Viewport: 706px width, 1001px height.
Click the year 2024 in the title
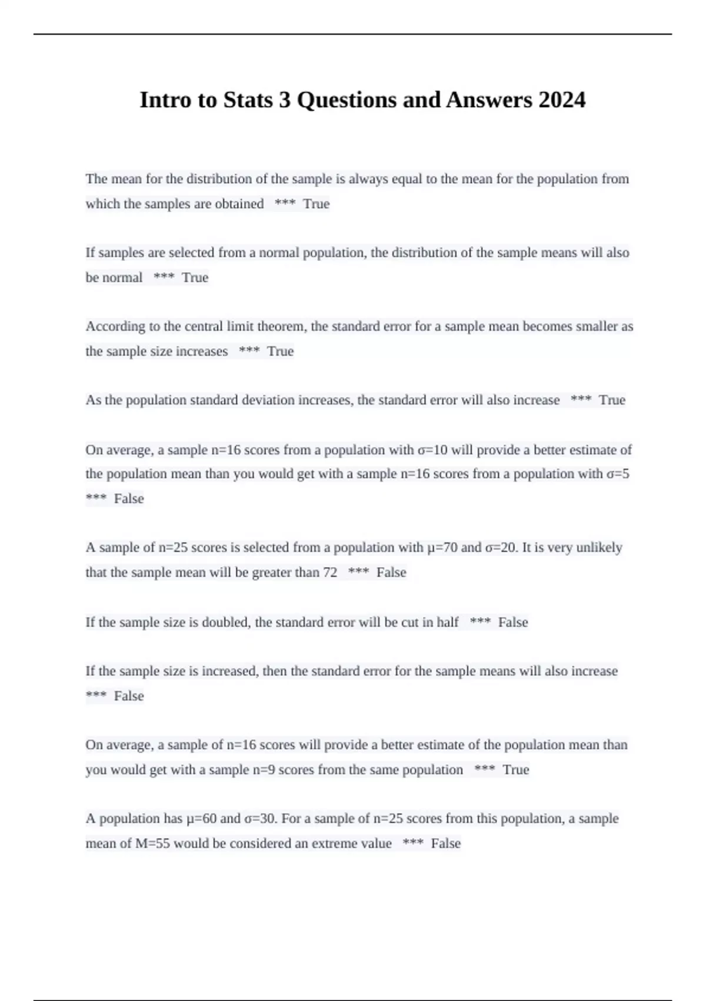point(561,100)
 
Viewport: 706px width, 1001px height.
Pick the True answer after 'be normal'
point(195,277)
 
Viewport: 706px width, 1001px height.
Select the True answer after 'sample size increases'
point(280,351)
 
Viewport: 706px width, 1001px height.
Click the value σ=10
point(432,450)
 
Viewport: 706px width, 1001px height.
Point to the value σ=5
point(617,473)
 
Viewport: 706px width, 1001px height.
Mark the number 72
point(330,572)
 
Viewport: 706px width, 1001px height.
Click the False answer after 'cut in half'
point(512,622)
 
